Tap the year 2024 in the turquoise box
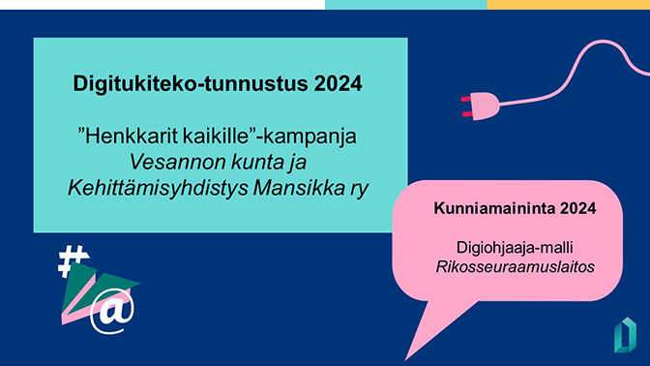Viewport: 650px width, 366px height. [339, 83]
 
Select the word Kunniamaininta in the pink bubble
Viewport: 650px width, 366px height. [487, 208]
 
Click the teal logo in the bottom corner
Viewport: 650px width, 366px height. [624, 334]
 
